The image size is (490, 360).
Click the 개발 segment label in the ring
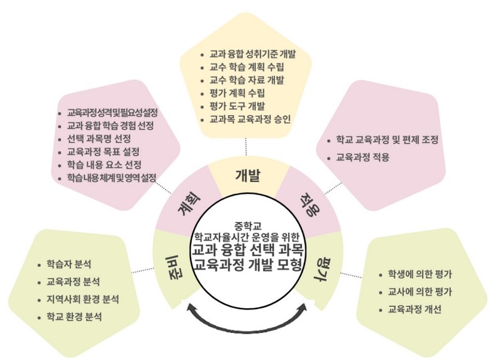(247, 176)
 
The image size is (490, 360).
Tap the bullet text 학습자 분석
(69, 264)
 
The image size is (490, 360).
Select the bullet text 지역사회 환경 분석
(82, 300)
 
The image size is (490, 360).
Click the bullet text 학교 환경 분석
(74, 317)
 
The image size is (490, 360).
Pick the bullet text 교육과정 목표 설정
(103, 152)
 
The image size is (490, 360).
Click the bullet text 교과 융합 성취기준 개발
(252, 54)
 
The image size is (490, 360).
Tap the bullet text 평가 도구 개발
(237, 106)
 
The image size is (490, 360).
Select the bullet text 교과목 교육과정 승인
(250, 119)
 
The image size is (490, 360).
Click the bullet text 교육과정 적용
(362, 157)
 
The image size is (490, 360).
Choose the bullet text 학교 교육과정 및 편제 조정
(387, 140)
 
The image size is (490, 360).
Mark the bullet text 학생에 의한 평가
(420, 274)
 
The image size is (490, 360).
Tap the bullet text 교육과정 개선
(415, 309)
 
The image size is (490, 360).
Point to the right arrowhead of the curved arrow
(303, 307)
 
